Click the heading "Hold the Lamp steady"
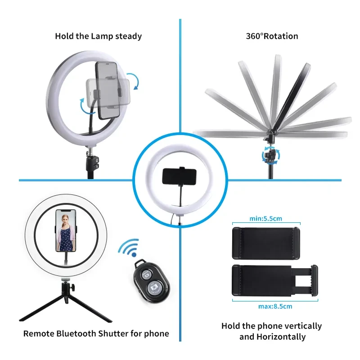(x=98, y=36)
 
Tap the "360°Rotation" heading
(x=272, y=36)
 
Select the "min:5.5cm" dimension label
(x=265, y=218)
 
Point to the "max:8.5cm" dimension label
(x=275, y=306)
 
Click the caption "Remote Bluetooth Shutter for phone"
(x=96, y=333)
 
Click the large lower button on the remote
(x=155, y=288)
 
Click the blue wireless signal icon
(x=129, y=247)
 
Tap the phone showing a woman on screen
(x=66, y=230)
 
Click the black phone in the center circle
(x=179, y=176)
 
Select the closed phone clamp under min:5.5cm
(x=266, y=243)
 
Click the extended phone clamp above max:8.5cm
(x=275, y=280)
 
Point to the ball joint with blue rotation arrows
(x=271, y=156)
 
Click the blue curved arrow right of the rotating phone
(x=133, y=81)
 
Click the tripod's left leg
(x=41, y=308)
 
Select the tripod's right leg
(x=90, y=309)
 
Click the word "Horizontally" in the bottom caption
(x=281, y=337)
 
